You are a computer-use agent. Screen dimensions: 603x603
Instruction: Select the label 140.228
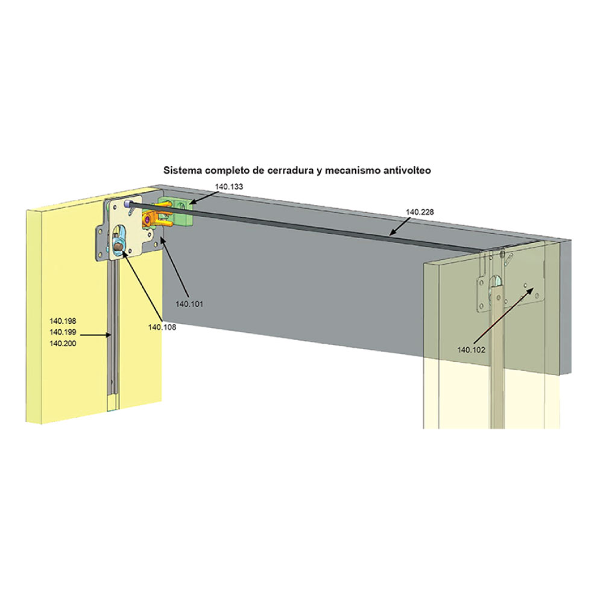coord(420,212)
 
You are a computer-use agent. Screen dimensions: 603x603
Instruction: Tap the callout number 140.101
coord(189,304)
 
